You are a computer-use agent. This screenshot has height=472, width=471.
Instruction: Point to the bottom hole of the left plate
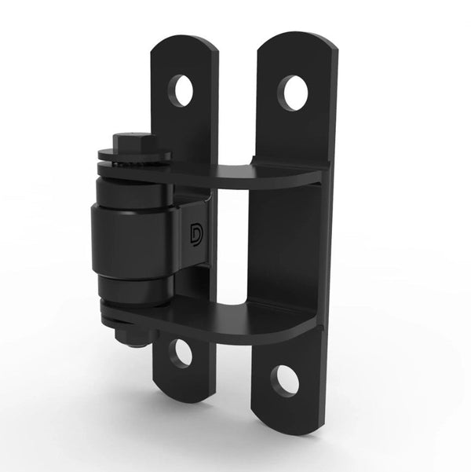(181, 353)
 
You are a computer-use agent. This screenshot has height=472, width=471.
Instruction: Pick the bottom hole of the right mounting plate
(284, 382)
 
